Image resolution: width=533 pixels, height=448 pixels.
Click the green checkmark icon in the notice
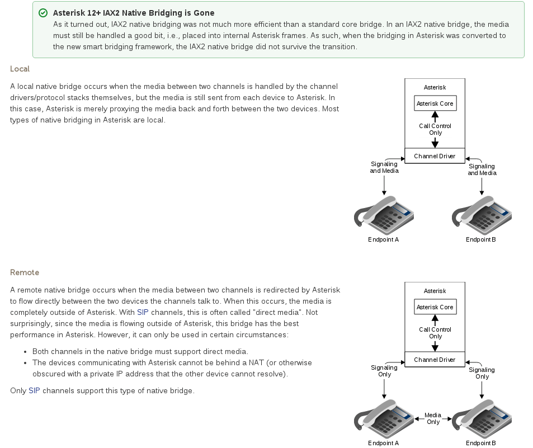43,13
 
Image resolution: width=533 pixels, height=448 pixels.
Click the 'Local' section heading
20,69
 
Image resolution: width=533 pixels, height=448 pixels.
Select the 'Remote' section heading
25,272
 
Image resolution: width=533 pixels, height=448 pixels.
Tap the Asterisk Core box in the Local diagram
435,103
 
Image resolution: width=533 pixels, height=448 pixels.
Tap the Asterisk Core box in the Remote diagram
435,307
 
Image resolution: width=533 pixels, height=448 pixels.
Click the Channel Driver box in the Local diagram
435,156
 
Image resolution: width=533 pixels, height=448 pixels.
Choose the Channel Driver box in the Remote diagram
435,360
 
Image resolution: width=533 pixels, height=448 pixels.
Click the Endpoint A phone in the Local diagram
384,215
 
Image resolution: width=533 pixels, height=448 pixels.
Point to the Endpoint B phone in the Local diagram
481,215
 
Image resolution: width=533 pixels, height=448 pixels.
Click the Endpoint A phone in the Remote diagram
384,419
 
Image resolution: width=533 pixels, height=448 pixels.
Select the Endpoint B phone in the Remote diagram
481,419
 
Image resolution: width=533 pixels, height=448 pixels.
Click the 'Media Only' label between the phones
433,418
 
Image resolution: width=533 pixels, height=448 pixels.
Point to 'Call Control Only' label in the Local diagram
435,129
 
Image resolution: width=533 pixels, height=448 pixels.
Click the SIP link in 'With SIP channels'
143,312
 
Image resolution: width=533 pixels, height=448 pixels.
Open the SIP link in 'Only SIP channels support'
34,390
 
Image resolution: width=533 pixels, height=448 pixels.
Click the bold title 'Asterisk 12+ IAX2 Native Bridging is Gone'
134,13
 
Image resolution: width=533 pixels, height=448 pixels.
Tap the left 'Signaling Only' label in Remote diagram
384,371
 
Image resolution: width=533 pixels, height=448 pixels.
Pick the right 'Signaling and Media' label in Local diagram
482,169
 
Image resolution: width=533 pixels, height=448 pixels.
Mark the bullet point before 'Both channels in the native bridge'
26,352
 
